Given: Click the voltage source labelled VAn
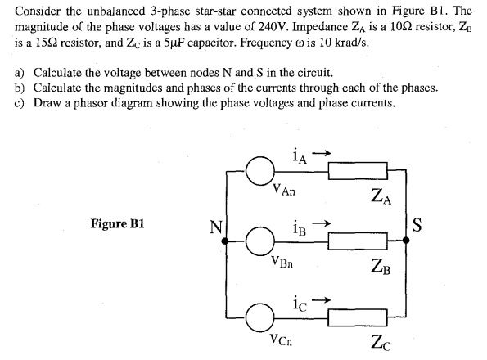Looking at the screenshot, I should pos(259,172).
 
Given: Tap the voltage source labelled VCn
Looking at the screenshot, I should pos(259,314).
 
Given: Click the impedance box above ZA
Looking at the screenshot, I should pos(354,172).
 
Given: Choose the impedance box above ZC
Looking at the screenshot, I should pos(354,314).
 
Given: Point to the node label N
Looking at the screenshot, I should pos(214,225).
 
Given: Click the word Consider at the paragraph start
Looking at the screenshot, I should pos(38,12).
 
